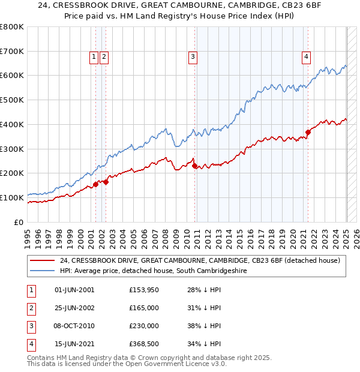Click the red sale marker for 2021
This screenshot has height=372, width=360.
[x=308, y=132]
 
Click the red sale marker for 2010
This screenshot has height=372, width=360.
[x=194, y=166]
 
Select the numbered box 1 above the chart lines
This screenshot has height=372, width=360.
[x=94, y=57]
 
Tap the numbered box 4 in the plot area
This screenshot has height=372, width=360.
[x=306, y=57]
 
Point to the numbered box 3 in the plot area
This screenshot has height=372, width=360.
[x=193, y=57]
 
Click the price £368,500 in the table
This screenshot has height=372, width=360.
[x=144, y=344]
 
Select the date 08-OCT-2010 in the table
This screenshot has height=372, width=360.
[x=74, y=326]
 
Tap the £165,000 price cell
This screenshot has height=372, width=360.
[x=144, y=308]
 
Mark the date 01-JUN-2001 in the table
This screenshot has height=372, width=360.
[x=74, y=290]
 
